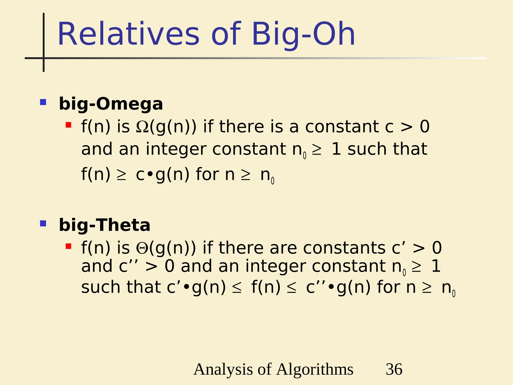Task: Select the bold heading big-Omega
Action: pos(111,104)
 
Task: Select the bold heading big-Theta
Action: pos(104,225)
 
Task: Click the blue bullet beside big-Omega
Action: pos(43,102)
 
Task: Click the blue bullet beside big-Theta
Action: pos(43,223)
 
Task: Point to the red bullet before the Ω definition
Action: pos(68,125)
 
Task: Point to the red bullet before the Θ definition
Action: pos(68,246)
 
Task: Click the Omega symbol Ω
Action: pos(142,127)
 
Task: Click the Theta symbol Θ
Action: pos(142,248)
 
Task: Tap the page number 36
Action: pos(394,369)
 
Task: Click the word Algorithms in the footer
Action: pos(315,369)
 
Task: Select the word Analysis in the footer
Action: pos(223,369)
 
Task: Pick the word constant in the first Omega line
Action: pos(342,127)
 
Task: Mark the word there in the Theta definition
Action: pos(241,248)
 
